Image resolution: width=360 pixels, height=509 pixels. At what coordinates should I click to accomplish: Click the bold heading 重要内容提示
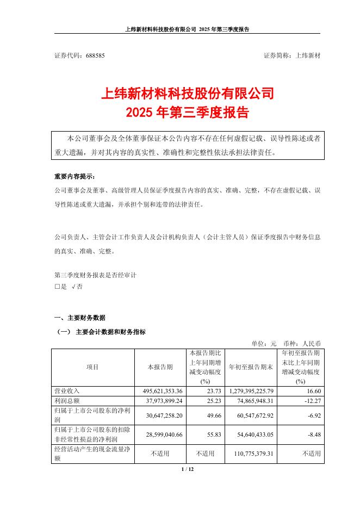pos(74,177)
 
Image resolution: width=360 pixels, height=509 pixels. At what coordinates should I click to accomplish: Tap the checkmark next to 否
pos(73,287)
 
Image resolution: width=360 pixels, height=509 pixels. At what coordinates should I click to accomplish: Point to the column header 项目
pos(92,367)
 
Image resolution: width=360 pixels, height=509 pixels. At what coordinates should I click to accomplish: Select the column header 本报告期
pos(160,367)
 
